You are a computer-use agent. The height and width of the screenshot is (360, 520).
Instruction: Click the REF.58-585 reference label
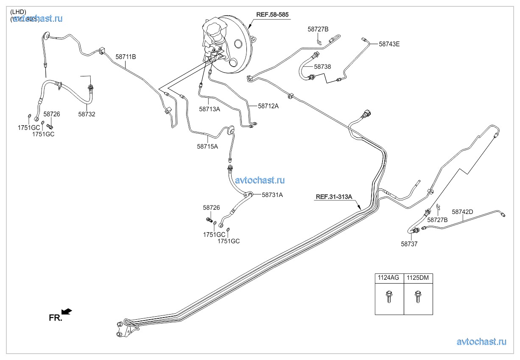click(272, 14)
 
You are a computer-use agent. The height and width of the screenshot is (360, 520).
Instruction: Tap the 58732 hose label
click(87, 114)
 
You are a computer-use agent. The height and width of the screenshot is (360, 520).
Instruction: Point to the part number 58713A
click(210, 109)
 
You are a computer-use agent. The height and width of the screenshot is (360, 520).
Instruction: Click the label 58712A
click(268, 106)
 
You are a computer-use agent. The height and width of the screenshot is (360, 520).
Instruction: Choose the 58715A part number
click(207, 146)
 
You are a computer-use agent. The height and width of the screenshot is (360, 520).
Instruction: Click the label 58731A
click(272, 195)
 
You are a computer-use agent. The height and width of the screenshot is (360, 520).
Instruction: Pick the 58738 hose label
click(322, 67)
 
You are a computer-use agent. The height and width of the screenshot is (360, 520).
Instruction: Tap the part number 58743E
click(389, 43)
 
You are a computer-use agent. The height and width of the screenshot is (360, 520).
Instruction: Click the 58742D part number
click(462, 211)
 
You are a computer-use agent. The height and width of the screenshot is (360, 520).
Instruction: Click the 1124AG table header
click(389, 278)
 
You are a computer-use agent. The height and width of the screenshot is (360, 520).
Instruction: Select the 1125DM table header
click(418, 278)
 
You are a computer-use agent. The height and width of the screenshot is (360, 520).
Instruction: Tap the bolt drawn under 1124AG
click(389, 296)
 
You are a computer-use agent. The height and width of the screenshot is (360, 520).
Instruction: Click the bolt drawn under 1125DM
click(418, 296)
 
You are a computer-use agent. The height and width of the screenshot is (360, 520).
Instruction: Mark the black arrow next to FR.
click(67, 312)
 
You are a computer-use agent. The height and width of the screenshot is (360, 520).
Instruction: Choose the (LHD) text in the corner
click(18, 11)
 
